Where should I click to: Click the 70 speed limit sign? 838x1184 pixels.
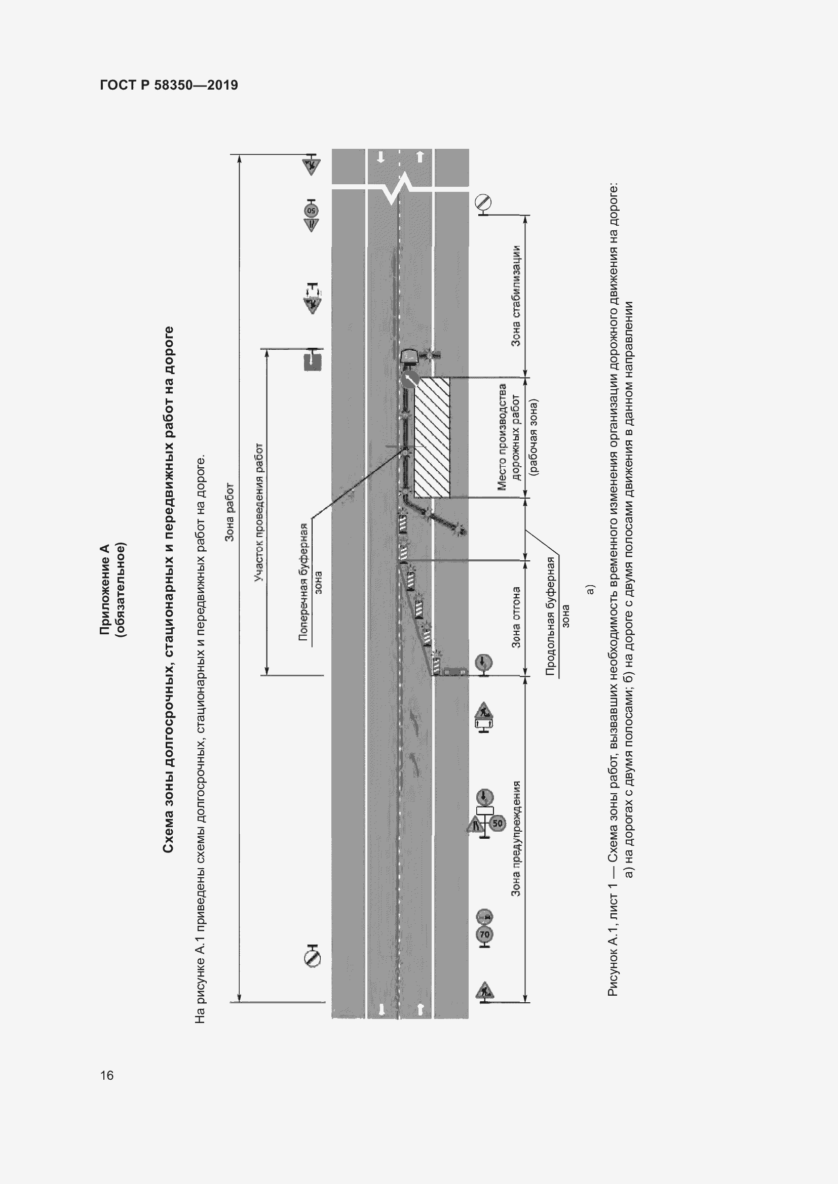click(x=484, y=934)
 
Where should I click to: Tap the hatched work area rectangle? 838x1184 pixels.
click(x=432, y=437)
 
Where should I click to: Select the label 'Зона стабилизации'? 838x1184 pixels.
click(x=515, y=296)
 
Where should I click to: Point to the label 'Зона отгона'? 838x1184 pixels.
click(x=515, y=617)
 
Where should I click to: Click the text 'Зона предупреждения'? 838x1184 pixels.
click(x=515, y=838)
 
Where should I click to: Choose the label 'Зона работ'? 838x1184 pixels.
click(x=230, y=513)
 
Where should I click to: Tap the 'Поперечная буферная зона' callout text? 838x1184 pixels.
click(x=311, y=582)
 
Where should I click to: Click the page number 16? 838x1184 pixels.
click(x=107, y=1075)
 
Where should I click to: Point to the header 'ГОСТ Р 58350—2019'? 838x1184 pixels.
click(x=169, y=85)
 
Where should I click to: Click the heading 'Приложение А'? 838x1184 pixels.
click(x=105, y=588)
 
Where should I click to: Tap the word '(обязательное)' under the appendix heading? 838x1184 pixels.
click(x=121, y=588)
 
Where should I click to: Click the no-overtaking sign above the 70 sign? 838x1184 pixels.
click(x=484, y=917)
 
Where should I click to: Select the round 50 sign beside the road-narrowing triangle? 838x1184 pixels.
click(x=497, y=823)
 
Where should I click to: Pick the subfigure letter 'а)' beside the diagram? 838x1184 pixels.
click(x=590, y=589)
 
